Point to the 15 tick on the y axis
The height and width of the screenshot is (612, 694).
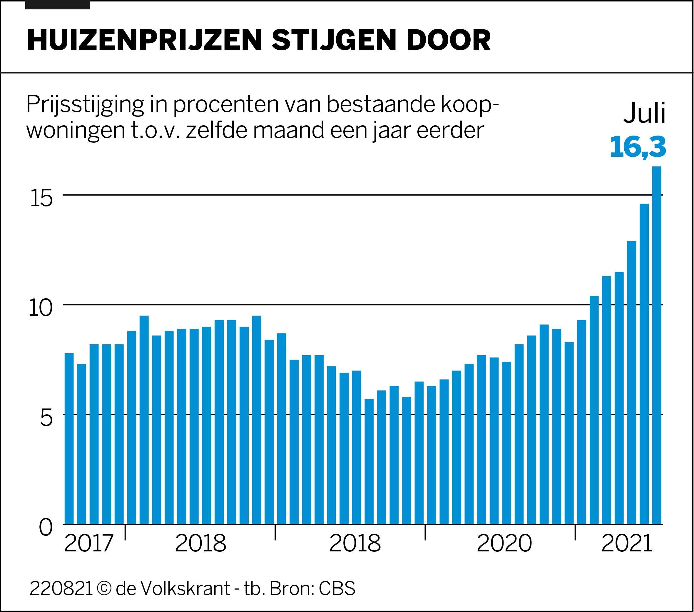pos(41,198)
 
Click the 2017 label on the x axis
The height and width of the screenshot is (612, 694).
pos(88,544)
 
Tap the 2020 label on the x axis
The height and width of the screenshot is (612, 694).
pos(504,544)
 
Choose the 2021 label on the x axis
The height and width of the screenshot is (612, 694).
pos(627,544)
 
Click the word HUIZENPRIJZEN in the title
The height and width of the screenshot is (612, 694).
pos(144,41)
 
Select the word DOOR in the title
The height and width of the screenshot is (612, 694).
pos(448,41)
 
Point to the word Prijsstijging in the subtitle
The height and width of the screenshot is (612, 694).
pos(85,105)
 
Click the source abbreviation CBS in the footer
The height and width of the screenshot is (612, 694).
pos(337,589)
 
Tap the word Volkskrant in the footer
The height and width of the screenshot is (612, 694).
pos(185,589)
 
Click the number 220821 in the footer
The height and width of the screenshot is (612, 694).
pos(61,589)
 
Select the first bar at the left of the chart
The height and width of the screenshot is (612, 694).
pos(69,438)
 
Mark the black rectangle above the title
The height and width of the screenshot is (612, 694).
pos(57,5)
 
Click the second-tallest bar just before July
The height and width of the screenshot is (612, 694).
pos(644,363)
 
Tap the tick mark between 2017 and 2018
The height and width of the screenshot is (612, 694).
pos(125,532)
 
